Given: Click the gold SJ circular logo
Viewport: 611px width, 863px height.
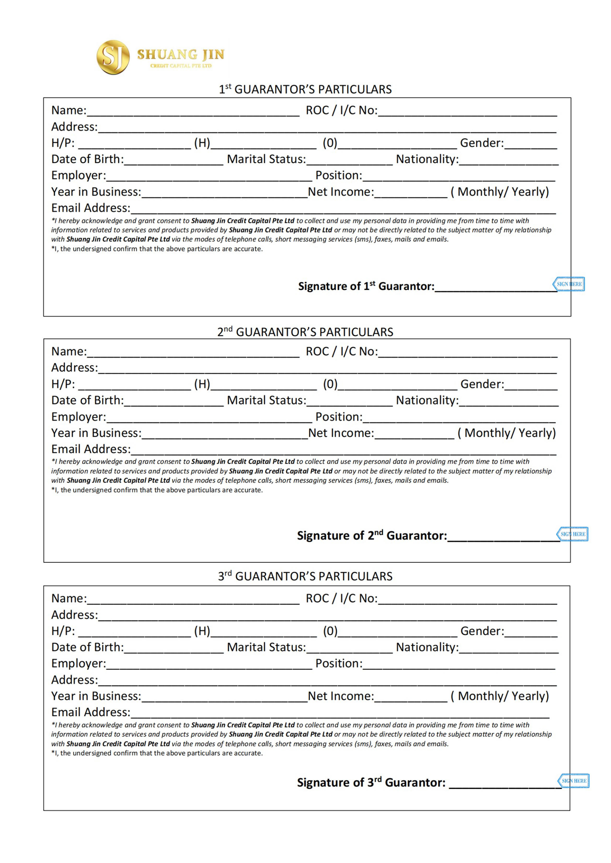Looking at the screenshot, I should point(113,57).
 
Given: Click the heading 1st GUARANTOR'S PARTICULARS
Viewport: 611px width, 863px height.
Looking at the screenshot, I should point(305,89).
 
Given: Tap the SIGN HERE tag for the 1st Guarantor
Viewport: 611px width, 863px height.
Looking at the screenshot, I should point(569,284).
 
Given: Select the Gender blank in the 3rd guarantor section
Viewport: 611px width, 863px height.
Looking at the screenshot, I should point(530,633).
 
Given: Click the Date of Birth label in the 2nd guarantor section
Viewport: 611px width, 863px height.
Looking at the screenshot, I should point(87,400).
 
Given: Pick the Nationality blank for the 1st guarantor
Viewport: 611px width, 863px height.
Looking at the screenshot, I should point(509,161).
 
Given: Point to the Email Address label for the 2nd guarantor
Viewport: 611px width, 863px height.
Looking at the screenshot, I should point(91,449).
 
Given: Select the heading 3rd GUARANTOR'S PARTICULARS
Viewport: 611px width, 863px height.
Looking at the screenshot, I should point(305,576).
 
